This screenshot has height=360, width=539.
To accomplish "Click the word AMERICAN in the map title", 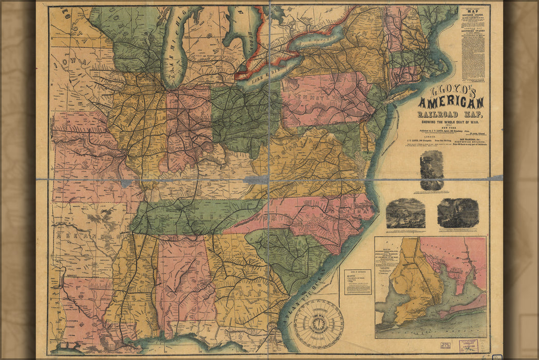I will point(451,102).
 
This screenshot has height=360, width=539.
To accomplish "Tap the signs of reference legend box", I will point(358,282).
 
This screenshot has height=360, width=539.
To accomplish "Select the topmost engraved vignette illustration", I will point(432,170).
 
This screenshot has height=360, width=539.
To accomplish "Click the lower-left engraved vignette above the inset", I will point(405,213).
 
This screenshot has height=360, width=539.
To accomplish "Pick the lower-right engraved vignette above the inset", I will point(458,213).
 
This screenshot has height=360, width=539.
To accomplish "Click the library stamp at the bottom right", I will point(468,345).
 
